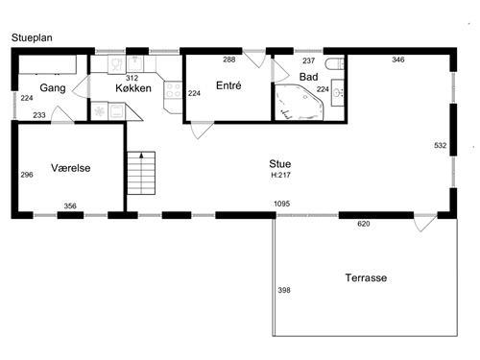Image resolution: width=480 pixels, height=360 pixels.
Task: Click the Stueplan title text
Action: tap(32, 37)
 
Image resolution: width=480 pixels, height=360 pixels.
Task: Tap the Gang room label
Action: tap(53, 88)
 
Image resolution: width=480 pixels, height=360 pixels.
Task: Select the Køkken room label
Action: tap(133, 88)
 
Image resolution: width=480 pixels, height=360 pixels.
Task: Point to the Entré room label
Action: tap(228, 85)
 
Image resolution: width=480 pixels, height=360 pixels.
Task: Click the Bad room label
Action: tap(308, 77)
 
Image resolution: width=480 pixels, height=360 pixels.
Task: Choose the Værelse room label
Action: tap(71, 168)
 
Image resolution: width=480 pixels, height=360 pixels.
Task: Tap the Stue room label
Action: tap(280, 164)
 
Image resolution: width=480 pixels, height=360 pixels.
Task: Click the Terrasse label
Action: tap(366, 277)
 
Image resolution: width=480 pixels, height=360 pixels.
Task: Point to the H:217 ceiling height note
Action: tap(280, 175)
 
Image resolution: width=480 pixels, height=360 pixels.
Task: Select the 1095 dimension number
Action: tap(282, 204)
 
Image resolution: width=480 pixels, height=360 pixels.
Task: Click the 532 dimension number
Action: tap(441, 145)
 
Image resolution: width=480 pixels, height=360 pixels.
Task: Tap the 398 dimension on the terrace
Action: tap(284, 290)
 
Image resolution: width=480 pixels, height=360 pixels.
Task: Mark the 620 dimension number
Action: tap(364, 224)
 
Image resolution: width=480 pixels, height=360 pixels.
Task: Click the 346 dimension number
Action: tap(398, 60)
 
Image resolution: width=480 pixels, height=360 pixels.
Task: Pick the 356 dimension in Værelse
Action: tap(70, 206)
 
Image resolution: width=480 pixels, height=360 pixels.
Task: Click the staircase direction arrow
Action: tap(141, 156)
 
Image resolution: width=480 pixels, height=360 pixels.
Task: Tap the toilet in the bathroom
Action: tap(334, 64)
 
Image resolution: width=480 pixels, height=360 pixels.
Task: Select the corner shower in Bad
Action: tap(298, 103)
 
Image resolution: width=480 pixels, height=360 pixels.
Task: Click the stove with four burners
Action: tap(173, 90)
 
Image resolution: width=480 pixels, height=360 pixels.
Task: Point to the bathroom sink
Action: tap(337, 93)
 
